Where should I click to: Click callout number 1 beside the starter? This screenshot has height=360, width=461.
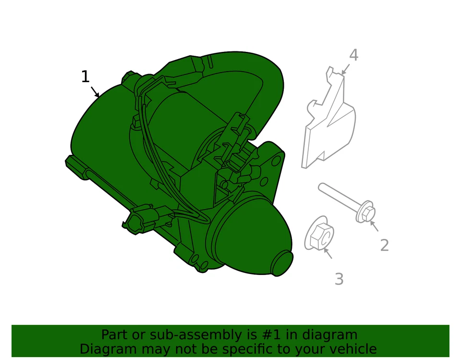pos(85,77)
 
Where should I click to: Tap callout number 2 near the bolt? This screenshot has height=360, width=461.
pos(384,246)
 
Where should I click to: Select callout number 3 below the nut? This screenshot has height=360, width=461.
pos(339,279)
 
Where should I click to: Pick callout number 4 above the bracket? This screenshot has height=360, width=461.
pos(353,55)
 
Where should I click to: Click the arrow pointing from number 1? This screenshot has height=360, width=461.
pos(95,92)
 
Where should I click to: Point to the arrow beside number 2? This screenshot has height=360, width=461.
pos(374,226)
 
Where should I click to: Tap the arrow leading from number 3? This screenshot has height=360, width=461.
pos(328,253)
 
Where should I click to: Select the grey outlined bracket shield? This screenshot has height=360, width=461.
pos(329,125)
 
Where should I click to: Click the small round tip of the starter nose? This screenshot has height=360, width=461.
pos(282,263)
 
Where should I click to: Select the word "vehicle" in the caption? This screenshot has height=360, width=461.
pos(354,349)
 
